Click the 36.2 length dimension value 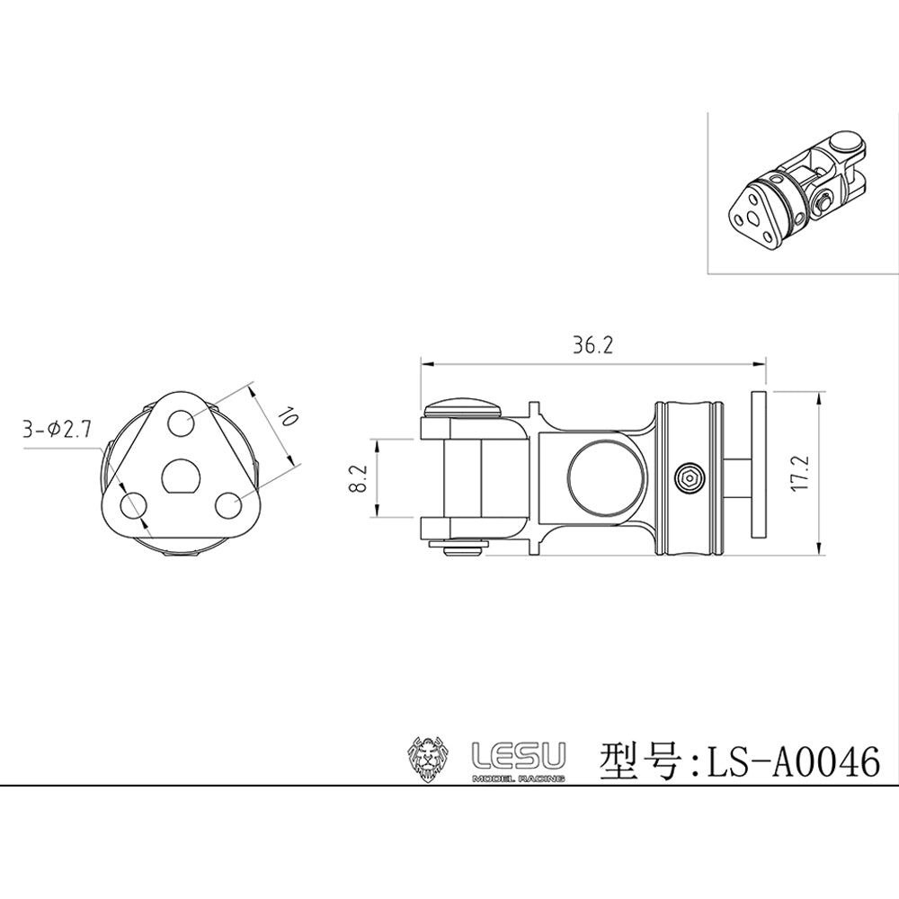tap(592, 346)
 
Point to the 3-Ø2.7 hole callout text tap(57, 430)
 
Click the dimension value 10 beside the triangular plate tap(287, 417)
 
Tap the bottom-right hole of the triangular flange tap(229, 505)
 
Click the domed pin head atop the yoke tap(463, 406)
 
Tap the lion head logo tap(428, 757)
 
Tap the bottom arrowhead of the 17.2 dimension tap(817, 551)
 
